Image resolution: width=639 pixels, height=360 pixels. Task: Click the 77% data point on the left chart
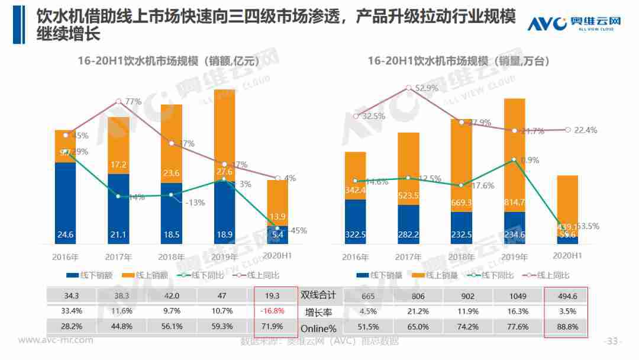(119, 101)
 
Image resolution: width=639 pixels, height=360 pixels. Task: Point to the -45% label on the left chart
(297, 231)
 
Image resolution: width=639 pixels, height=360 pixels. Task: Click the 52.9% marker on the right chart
(408, 88)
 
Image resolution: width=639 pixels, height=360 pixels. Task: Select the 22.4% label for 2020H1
(586, 130)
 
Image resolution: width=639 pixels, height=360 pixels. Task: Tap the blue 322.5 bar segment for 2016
(356, 221)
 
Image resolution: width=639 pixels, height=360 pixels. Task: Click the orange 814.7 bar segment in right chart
(515, 155)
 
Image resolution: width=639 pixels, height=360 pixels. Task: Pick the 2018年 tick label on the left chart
(171, 258)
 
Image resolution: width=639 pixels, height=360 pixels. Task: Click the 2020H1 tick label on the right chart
(567, 256)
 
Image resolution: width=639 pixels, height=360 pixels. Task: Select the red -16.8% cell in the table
(272, 310)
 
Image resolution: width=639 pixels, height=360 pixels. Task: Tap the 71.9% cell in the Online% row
(272, 326)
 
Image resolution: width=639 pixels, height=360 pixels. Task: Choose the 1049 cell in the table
(513, 294)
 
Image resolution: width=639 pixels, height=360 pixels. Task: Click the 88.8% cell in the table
(566, 326)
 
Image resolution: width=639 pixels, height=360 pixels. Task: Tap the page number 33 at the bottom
(612, 342)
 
